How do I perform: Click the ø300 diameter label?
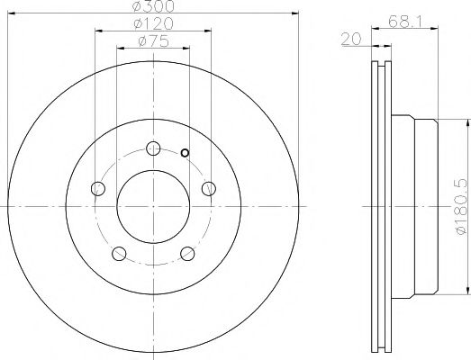tap(153, 6)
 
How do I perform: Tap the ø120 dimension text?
tap(153, 23)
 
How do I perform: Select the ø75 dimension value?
tap(153, 41)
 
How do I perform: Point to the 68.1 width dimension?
tap(405, 22)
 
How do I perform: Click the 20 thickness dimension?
tap(351, 39)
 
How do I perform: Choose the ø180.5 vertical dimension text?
tap(462, 207)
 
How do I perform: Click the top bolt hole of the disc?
tap(153, 148)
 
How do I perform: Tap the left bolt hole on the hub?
tap(98, 189)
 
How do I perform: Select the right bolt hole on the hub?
tap(209, 189)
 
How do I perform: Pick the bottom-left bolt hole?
tap(119, 254)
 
